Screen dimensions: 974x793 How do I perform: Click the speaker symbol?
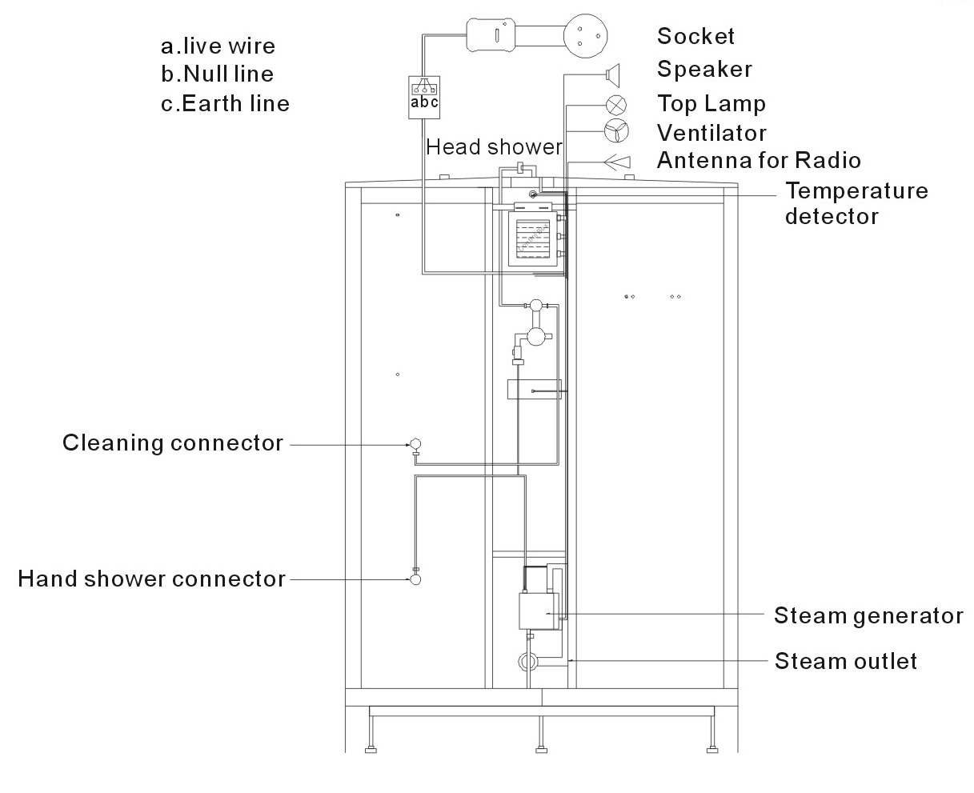[613, 75]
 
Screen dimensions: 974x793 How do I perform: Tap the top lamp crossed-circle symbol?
[616, 105]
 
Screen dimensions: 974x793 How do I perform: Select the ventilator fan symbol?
[616, 131]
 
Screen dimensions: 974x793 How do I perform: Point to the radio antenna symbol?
[617, 162]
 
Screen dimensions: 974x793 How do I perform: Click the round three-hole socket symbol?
[586, 36]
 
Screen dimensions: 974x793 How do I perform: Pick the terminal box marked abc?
[424, 98]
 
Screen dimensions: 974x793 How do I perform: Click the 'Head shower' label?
[494, 147]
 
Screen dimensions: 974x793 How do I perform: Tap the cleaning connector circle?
[415, 443]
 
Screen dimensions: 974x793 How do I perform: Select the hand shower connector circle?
[415, 579]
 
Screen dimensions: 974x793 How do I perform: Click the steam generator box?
[539, 611]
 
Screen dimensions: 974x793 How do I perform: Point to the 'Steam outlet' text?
[845, 661]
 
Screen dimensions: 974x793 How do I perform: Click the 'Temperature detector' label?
[856, 203]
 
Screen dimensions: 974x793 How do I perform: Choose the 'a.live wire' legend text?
[218, 46]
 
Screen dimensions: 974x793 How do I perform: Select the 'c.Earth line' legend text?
[225, 104]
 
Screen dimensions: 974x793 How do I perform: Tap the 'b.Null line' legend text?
[217, 74]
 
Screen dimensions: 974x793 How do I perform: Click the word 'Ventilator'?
[711, 134]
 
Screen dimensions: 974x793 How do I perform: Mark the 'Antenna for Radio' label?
[759, 160]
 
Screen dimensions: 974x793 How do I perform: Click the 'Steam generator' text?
[868, 616]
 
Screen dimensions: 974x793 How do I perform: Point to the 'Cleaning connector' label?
[173, 443]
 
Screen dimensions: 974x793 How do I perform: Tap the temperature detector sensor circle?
[533, 194]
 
